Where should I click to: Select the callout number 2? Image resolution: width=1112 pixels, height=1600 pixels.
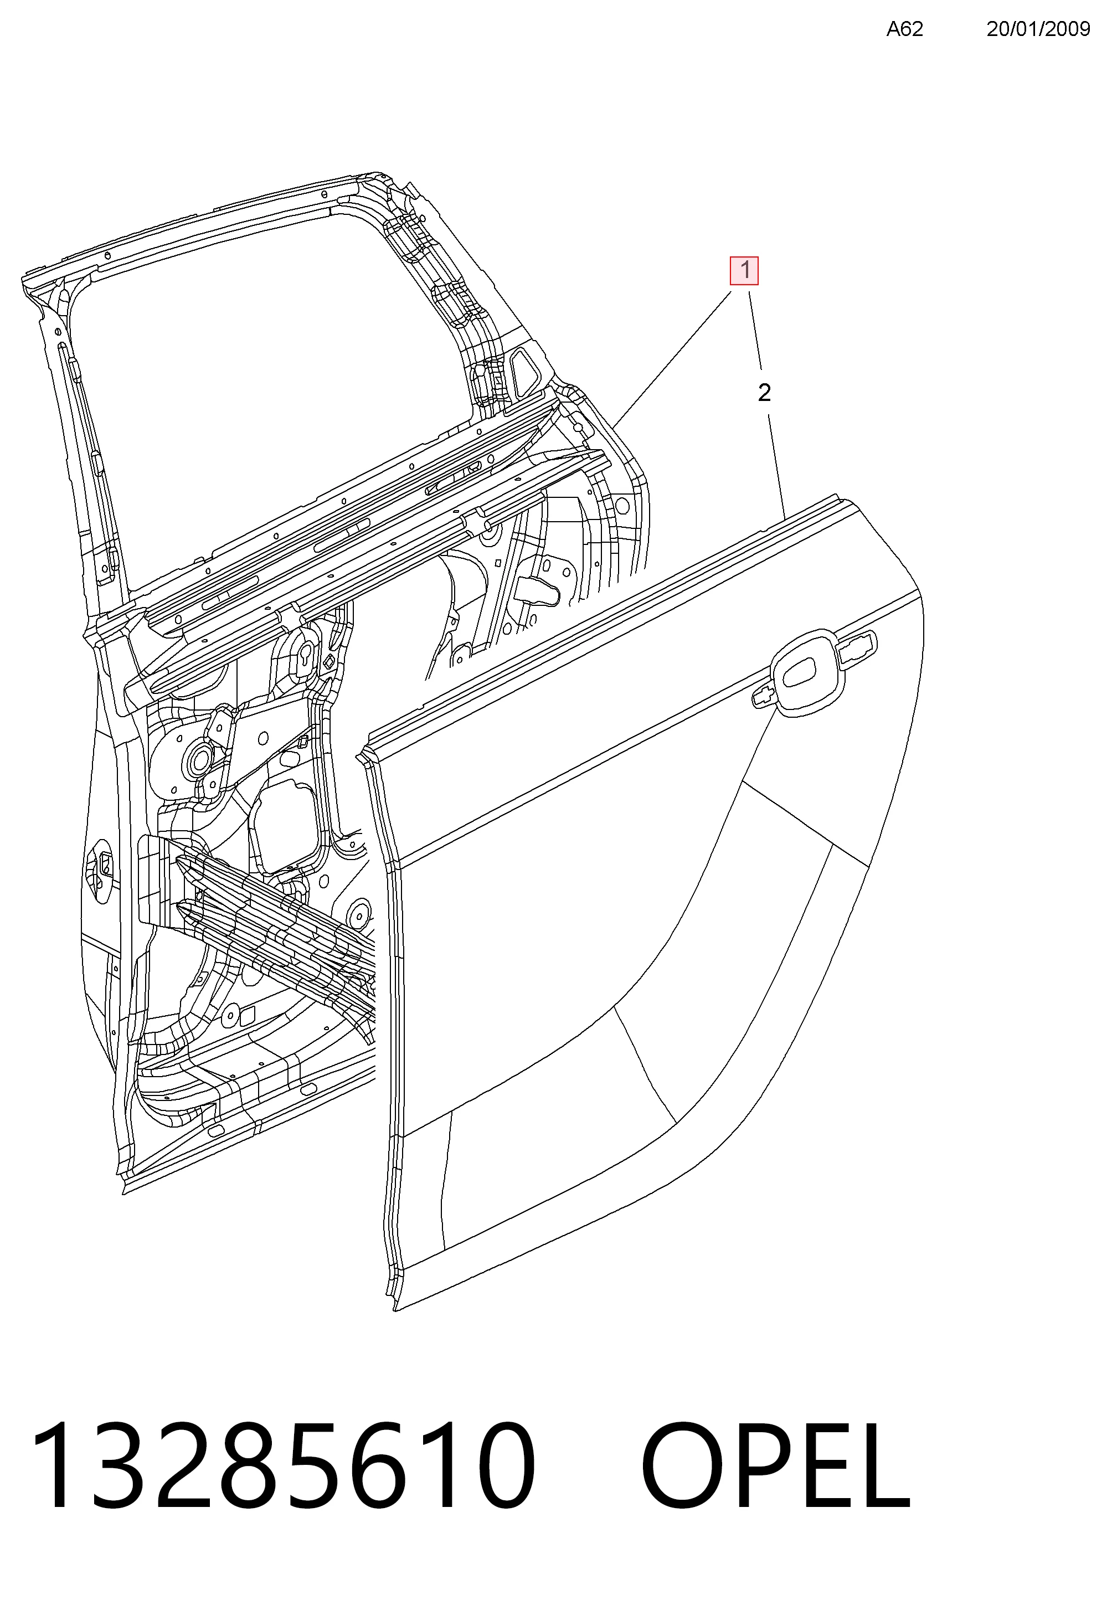click(x=764, y=393)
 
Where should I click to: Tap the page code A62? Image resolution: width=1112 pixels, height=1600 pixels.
click(x=904, y=29)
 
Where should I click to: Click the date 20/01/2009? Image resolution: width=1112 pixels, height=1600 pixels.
click(x=1038, y=29)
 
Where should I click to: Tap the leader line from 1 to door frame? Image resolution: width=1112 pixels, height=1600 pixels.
click(x=672, y=359)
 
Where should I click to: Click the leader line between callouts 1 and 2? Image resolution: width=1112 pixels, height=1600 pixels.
click(x=755, y=331)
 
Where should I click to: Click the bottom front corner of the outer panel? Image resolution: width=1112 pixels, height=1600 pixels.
click(x=394, y=1311)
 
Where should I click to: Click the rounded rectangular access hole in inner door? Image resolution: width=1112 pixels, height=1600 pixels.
click(x=286, y=826)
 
